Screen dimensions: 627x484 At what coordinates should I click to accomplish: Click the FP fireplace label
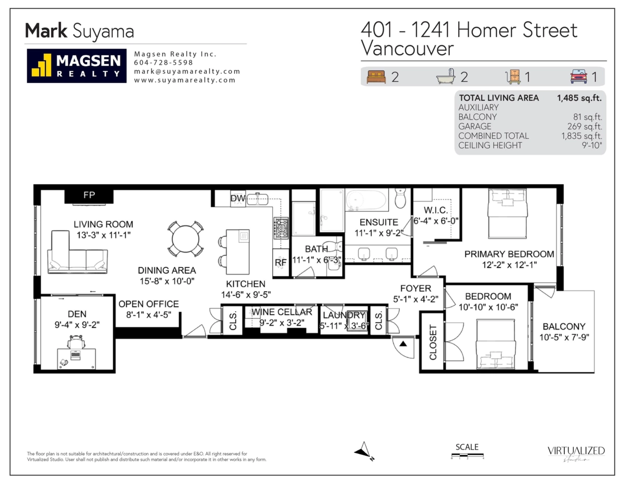pyautogui.click(x=89, y=195)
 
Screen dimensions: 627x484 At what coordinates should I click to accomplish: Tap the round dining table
pyautogui.click(x=185, y=239)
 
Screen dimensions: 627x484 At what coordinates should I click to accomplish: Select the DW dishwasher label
pyautogui.click(x=238, y=198)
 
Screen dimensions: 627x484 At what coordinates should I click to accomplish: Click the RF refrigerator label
pyautogui.click(x=281, y=262)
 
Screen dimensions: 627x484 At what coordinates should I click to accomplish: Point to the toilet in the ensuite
pyautogui.click(x=400, y=198)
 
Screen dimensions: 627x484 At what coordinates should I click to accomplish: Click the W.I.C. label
pyautogui.click(x=436, y=210)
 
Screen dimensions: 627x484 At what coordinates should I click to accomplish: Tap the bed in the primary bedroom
pyautogui.click(x=507, y=214)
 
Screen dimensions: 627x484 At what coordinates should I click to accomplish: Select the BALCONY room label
pyautogui.click(x=564, y=326)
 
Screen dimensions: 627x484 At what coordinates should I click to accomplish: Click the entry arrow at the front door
pyautogui.click(x=403, y=344)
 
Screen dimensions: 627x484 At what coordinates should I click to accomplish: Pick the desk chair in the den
pyautogui.click(x=76, y=342)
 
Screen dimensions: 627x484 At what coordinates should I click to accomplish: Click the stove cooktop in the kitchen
pyautogui.click(x=281, y=228)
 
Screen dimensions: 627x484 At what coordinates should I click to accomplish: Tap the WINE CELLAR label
pyautogui.click(x=282, y=312)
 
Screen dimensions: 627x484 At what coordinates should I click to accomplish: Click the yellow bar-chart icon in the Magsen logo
pyautogui.click(x=41, y=65)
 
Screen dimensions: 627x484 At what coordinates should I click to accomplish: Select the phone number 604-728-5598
pyautogui.click(x=164, y=63)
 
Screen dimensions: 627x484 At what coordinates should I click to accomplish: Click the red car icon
pyautogui.click(x=578, y=76)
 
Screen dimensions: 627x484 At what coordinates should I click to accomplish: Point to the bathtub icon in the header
pyautogui.click(x=446, y=76)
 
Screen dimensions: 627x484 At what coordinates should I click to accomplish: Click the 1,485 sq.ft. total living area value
pyautogui.click(x=579, y=98)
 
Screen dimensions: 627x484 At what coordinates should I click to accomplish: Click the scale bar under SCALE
pyautogui.click(x=468, y=455)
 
